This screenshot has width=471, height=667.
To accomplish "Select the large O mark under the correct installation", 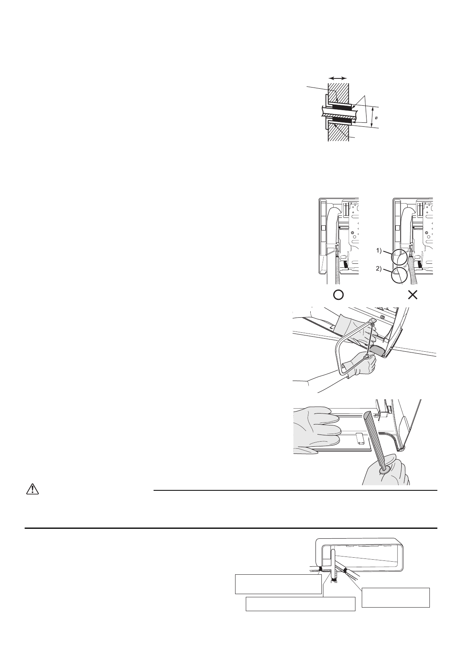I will pos(338,295).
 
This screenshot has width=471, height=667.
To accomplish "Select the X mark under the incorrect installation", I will pos(413,295).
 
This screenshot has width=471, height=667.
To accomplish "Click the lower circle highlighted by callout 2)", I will pos(399,275).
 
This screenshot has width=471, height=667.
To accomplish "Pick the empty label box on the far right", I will pos(396,597).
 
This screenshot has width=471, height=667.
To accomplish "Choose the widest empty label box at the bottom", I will pos(300,604).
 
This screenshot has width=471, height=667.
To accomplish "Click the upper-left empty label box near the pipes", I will pos(278,584).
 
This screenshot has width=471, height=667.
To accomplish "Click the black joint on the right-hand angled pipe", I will pos(345,571).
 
